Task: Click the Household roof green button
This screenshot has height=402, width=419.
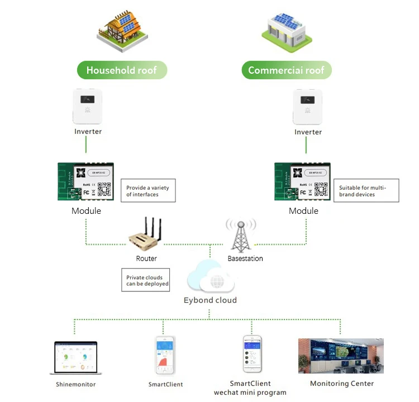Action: [x=121, y=70]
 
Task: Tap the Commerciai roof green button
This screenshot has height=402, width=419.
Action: [x=286, y=70]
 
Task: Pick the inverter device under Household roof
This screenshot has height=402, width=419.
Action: [x=88, y=106]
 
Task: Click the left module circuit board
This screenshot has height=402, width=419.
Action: [x=86, y=182]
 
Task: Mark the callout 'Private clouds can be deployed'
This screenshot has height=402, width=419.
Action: [x=145, y=280]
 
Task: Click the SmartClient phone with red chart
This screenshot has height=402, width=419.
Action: [x=165, y=355]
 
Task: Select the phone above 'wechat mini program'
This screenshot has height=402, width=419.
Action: [x=251, y=354]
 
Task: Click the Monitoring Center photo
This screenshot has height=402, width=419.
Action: [x=341, y=356]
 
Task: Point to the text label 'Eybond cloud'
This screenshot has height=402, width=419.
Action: [x=210, y=300]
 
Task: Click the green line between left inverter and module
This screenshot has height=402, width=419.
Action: [x=86, y=145]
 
